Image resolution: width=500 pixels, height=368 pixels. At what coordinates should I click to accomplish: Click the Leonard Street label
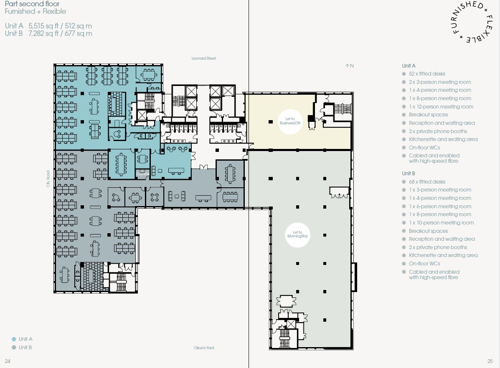click(x=204, y=58)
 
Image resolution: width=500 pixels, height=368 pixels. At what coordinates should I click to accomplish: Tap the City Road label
click(x=48, y=179)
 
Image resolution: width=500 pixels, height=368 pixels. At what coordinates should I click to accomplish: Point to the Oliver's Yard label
click(x=204, y=348)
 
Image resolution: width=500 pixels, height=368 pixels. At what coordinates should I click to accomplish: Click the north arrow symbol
click(x=347, y=66)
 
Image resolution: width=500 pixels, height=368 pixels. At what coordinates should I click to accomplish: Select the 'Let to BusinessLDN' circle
click(x=290, y=121)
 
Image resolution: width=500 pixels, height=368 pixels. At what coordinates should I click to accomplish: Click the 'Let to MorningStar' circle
click(x=297, y=235)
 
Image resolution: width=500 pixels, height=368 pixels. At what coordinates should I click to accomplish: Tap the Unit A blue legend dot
click(x=14, y=339)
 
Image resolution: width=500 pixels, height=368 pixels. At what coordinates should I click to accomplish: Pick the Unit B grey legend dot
click(x=14, y=347)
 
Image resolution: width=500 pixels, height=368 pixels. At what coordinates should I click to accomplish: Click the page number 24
click(x=8, y=361)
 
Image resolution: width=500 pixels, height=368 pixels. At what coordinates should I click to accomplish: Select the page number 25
click(x=490, y=361)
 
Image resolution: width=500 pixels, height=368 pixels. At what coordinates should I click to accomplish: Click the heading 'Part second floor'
click(x=32, y=4)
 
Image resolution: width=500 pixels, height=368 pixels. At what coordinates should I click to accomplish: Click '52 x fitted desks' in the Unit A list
click(x=427, y=74)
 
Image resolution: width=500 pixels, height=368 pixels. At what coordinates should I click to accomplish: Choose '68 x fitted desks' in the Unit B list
click(x=427, y=182)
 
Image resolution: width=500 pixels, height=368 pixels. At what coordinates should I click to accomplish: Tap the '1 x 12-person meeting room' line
click(x=441, y=107)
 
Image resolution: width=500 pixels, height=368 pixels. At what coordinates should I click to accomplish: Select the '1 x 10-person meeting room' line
click(x=442, y=223)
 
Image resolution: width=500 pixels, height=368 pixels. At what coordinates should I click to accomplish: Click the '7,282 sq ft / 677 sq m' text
click(x=60, y=33)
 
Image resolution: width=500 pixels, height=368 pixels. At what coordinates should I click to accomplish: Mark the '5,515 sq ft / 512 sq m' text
click(x=60, y=26)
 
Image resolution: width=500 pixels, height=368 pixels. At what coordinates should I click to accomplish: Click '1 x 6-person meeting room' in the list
click(x=440, y=207)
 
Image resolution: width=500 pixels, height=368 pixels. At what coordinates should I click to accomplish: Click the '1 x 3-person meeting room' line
click(x=440, y=190)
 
